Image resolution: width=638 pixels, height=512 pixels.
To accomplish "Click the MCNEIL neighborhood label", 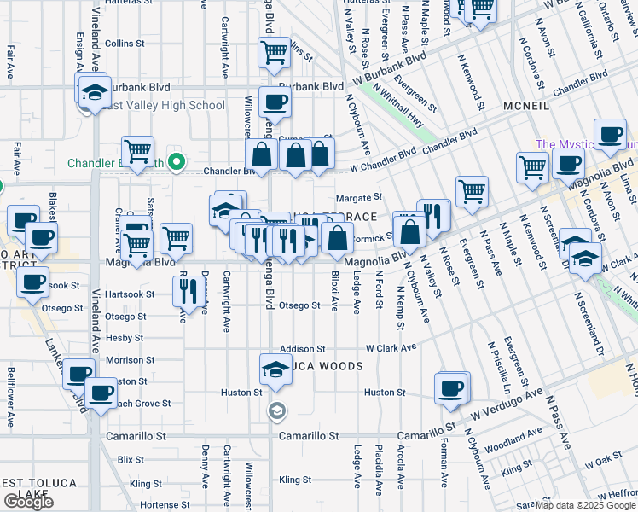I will pos(532,105).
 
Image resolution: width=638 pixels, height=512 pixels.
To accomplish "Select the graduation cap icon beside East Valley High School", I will pos(94,92).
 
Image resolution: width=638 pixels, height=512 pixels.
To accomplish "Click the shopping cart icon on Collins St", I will pos(275,53).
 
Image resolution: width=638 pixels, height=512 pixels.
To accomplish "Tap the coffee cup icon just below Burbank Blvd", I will pos(275,103).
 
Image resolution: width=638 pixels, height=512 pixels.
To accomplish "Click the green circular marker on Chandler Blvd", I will pos(177,161).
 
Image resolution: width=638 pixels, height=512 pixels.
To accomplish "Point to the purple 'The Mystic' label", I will pos(585,145).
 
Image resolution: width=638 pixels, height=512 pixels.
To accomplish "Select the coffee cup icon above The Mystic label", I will pos(609,136).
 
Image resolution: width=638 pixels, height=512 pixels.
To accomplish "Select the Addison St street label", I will pos(303,349).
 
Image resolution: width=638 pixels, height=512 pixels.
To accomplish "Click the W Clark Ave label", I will pos(391,348).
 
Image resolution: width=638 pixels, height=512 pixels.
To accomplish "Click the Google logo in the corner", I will pos(28,502).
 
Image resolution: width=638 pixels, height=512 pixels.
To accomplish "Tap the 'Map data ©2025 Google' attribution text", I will pos(584,505).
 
